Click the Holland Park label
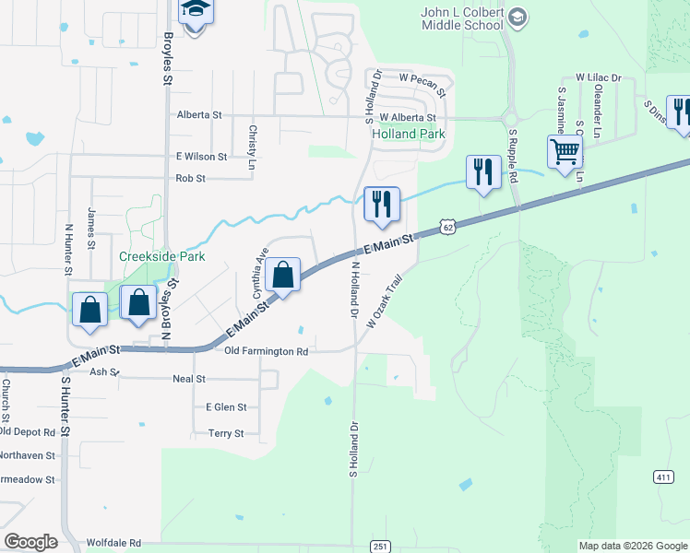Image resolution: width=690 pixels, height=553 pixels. pos(408,134)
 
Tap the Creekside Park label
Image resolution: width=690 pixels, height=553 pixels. pos(161,256)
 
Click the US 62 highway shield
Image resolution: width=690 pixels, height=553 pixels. pos(448,226)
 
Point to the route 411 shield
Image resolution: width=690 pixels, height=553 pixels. pos(662,476)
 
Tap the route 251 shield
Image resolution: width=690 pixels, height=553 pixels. pos(381,547)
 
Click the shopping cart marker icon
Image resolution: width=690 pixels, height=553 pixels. pos(564,150)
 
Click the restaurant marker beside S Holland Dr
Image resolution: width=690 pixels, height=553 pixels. pos(382,203)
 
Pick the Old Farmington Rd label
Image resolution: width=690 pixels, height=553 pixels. pos(266,351)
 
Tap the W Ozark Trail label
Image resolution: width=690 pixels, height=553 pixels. pos(386,301)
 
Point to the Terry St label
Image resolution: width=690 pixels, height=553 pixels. pos(226,433)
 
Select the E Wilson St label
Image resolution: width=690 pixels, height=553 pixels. pos(201,157)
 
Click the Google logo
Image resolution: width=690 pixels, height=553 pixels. pos(30,542)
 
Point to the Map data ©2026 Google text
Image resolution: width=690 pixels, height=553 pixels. pos(632,546)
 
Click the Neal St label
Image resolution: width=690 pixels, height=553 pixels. pos(188,379)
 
